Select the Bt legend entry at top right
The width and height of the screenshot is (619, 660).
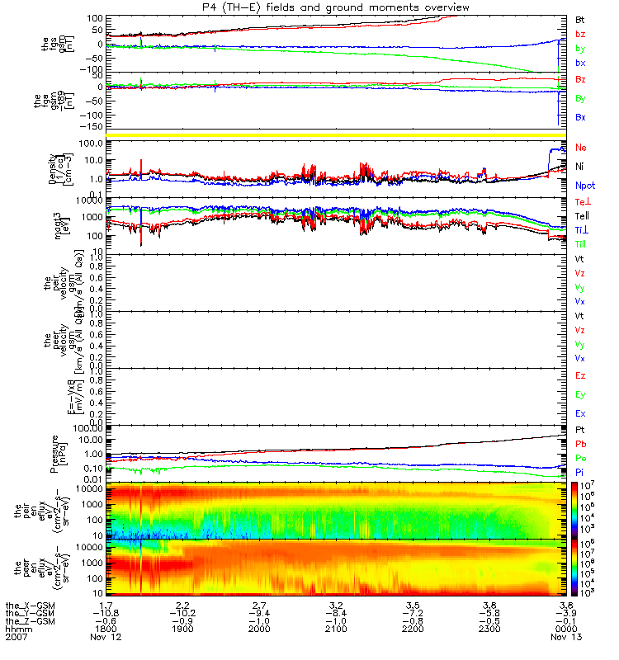pyautogui.click(x=581, y=18)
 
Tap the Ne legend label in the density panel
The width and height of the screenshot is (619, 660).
pyautogui.click(x=581, y=148)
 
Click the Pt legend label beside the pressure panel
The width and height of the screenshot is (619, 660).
pyautogui.click(x=581, y=430)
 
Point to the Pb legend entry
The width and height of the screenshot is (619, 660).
pyautogui.click(x=581, y=444)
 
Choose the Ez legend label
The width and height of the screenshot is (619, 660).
pyautogui.click(x=581, y=376)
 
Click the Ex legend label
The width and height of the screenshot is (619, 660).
pyautogui.click(x=581, y=412)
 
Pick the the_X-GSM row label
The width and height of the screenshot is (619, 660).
pyautogui.click(x=29, y=605)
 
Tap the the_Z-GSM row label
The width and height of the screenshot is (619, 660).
pyautogui.click(x=29, y=620)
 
